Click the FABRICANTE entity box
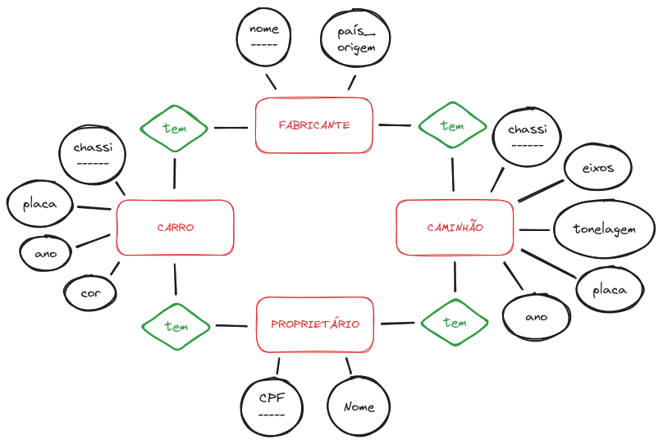(314, 125)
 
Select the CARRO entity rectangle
(176, 228)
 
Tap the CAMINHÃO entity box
(455, 227)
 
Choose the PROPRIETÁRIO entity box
(315, 324)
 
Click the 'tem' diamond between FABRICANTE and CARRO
(175, 128)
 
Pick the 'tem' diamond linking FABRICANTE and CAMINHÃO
(452, 126)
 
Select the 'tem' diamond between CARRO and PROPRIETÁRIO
(176, 326)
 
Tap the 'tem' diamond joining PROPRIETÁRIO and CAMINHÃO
(455, 323)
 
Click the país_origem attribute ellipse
(355, 39)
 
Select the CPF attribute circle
(271, 404)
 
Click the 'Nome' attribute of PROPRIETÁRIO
(359, 406)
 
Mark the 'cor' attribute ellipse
(89, 292)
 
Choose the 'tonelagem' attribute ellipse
(604, 229)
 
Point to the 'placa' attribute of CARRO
(40, 204)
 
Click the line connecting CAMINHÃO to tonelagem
(534, 229)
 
